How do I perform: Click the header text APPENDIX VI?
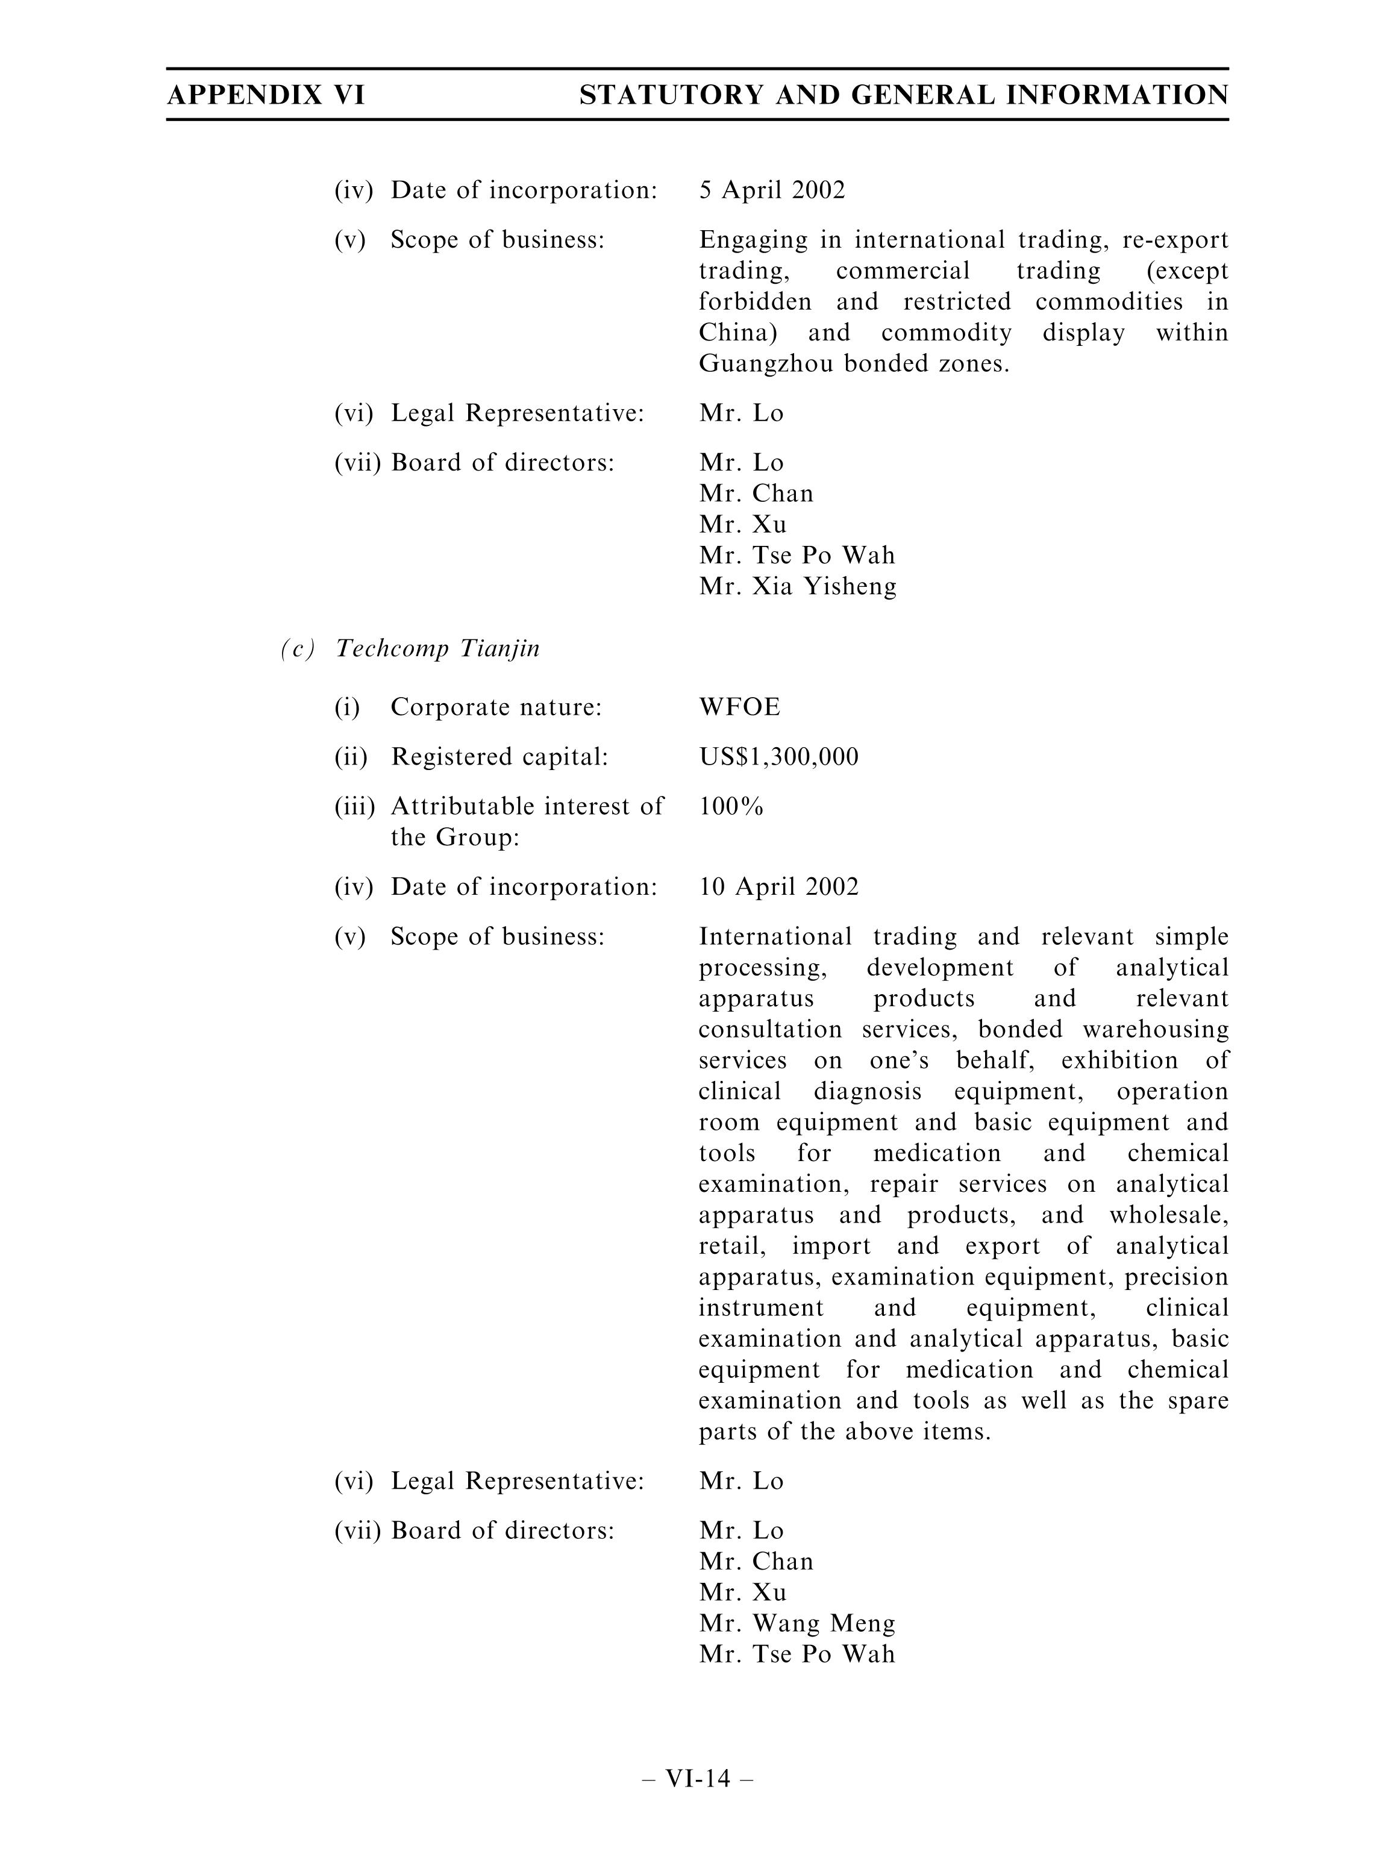click(266, 95)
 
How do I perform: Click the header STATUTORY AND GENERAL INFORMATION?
click(903, 95)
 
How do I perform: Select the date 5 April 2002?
click(771, 190)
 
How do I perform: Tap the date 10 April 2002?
click(778, 887)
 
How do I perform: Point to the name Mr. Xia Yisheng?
click(797, 586)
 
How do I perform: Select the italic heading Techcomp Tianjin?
click(437, 648)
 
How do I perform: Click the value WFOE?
click(739, 707)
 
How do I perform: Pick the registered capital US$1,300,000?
click(778, 757)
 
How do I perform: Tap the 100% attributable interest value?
click(731, 806)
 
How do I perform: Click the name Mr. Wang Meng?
click(797, 1623)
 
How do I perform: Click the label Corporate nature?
click(495, 707)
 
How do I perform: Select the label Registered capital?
click(499, 757)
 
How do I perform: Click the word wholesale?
click(1168, 1215)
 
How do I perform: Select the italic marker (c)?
click(298, 648)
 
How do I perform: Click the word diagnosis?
click(867, 1091)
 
